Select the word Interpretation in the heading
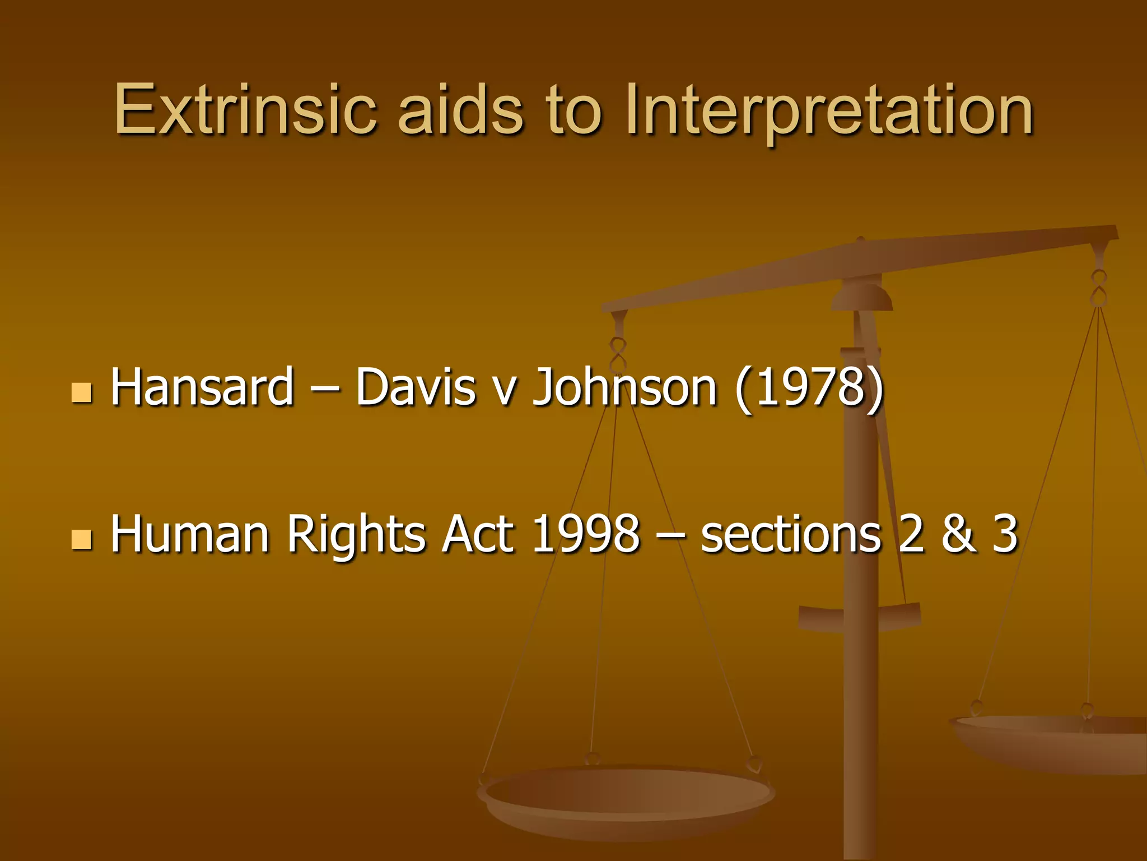[x=829, y=110]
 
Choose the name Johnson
[x=624, y=388]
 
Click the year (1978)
[x=809, y=388]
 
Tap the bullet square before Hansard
[x=82, y=393]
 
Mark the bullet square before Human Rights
[x=82, y=539]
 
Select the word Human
[x=190, y=534]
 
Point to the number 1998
[x=585, y=534]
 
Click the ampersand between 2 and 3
[x=959, y=534]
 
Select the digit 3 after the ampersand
[x=1005, y=534]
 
